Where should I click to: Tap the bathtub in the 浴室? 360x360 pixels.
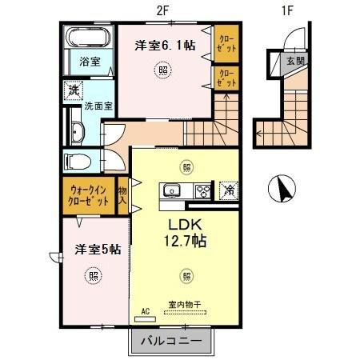pyautogui.click(x=84, y=38)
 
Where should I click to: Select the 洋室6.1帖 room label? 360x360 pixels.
pyautogui.click(x=165, y=46)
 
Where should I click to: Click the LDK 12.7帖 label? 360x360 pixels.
pyautogui.click(x=186, y=232)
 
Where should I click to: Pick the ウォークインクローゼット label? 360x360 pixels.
pyautogui.click(x=89, y=196)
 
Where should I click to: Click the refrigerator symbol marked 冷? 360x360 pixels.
pyautogui.click(x=228, y=190)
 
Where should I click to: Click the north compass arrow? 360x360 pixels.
pyautogui.click(x=282, y=190)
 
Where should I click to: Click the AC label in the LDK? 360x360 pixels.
pyautogui.click(x=146, y=310)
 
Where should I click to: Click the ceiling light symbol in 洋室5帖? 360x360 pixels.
pyautogui.click(x=94, y=276)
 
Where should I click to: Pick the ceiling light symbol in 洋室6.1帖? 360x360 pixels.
pyautogui.click(x=163, y=70)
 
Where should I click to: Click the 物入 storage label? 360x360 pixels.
pyautogui.click(x=123, y=196)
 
